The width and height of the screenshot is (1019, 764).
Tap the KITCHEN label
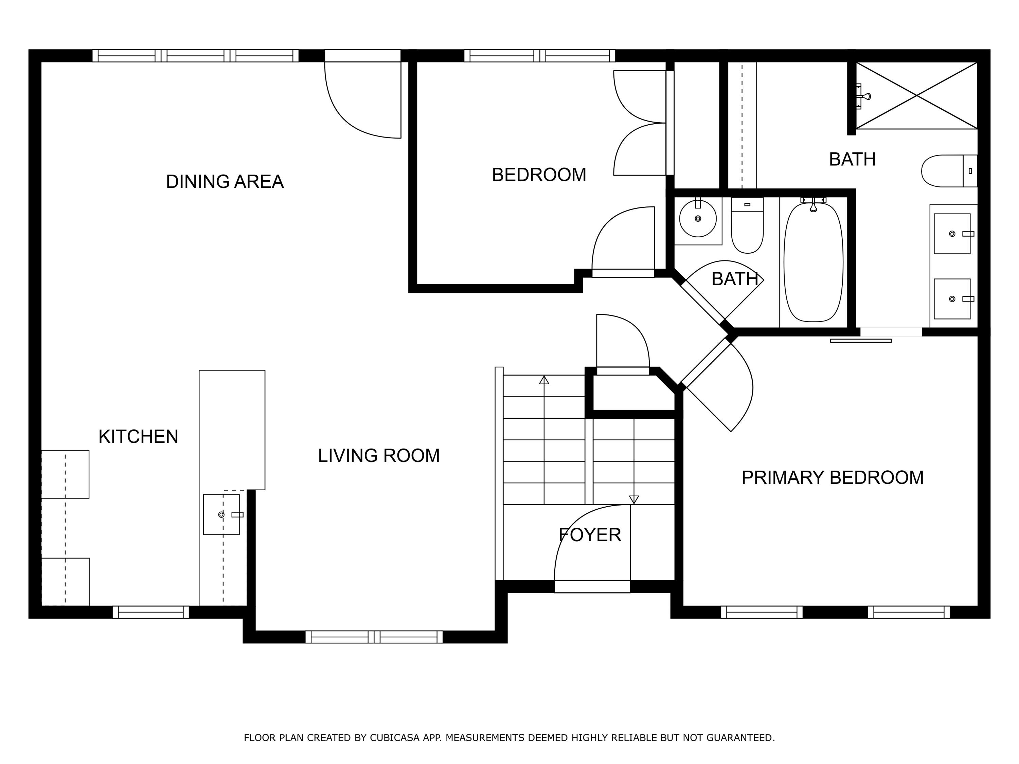pyautogui.click(x=138, y=437)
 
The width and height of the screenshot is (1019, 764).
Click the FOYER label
pyautogui.click(x=590, y=535)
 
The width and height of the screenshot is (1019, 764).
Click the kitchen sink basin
pyautogui.click(x=221, y=514)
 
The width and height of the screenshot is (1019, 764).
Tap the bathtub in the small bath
pyautogui.click(x=813, y=262)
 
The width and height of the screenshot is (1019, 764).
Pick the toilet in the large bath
pyautogui.click(x=947, y=171)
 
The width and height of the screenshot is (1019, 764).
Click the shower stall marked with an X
pyautogui.click(x=916, y=96)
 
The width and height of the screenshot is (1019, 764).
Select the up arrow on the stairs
pyautogui.click(x=544, y=380)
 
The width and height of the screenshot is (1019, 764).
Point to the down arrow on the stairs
pyautogui.click(x=634, y=499)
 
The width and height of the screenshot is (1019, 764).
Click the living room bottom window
pyautogui.click(x=374, y=637)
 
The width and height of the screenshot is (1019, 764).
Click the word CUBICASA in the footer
pyautogui.click(x=394, y=738)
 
